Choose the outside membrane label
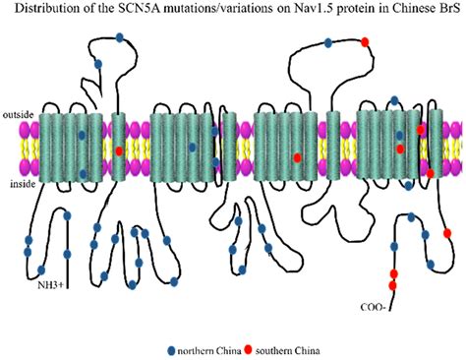(19, 115)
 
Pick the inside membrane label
(18, 181)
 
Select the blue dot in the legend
(173, 349)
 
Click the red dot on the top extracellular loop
(366, 41)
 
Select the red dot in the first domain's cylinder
(120, 150)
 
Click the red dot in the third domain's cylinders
(298, 157)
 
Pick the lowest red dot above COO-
(392, 285)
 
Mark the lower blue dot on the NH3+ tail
(40, 268)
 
